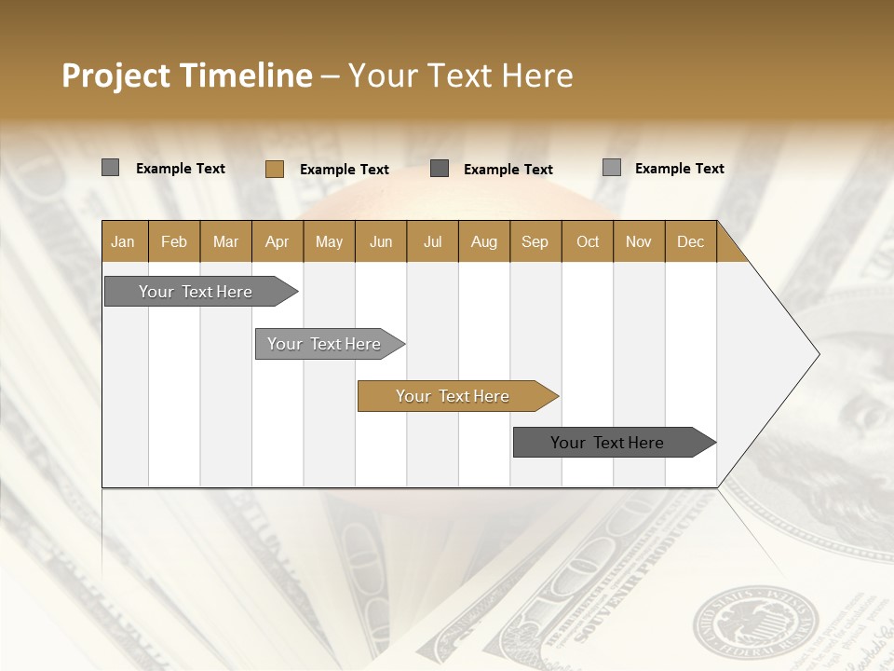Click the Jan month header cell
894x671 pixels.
pos(124,241)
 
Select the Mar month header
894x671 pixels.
pos(225,241)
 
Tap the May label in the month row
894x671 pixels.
pos(329,241)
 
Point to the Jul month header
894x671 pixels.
pos(432,241)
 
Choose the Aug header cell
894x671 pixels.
pos(484,241)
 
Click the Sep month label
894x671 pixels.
pos(535,241)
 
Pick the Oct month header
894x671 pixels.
pos(588,241)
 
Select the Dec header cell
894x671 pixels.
pos(690,241)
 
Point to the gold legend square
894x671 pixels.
pos(275,169)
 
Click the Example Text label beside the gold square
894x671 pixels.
pos(345,169)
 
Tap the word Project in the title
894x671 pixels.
pos(116,75)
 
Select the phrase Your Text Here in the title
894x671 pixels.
pos(460,75)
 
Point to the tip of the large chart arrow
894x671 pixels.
pos(818,354)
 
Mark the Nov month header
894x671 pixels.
pos(639,241)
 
